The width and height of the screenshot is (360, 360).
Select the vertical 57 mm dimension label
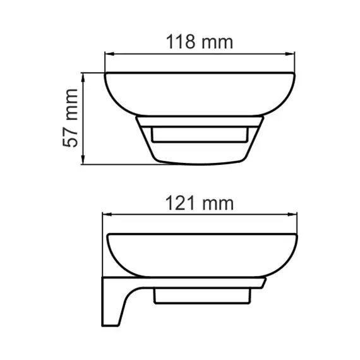[71, 118]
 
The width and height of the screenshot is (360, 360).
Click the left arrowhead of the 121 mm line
[106, 216]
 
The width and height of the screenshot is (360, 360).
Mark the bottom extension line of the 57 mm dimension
[120, 165]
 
